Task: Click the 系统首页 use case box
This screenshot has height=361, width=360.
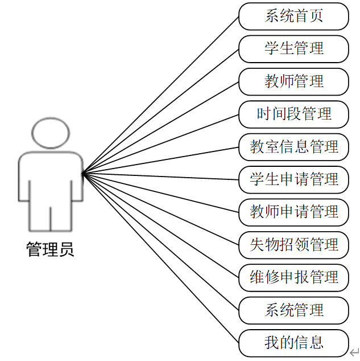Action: coord(293,16)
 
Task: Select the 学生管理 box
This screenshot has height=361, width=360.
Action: coord(293,48)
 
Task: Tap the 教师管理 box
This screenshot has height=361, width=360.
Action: coord(293,81)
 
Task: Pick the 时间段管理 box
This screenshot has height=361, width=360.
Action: coord(293,114)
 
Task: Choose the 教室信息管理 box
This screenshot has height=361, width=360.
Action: coord(293,147)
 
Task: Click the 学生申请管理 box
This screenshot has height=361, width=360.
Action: coord(293,179)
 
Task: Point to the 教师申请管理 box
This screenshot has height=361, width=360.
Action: coord(293,212)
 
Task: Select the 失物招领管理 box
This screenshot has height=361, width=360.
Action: coord(293,245)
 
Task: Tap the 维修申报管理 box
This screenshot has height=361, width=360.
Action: coord(293,277)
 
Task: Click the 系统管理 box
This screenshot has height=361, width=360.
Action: coord(293,310)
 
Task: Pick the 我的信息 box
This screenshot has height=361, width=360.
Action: coord(293,343)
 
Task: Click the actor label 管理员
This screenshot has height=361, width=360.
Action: coord(50,249)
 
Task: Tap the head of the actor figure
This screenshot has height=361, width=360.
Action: coord(50,133)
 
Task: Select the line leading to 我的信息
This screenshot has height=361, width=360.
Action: coord(161,258)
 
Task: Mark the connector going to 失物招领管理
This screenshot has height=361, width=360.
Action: coord(161,209)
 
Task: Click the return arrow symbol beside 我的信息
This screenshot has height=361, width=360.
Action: coord(354,353)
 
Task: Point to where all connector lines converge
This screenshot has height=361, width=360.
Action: coord(83,174)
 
